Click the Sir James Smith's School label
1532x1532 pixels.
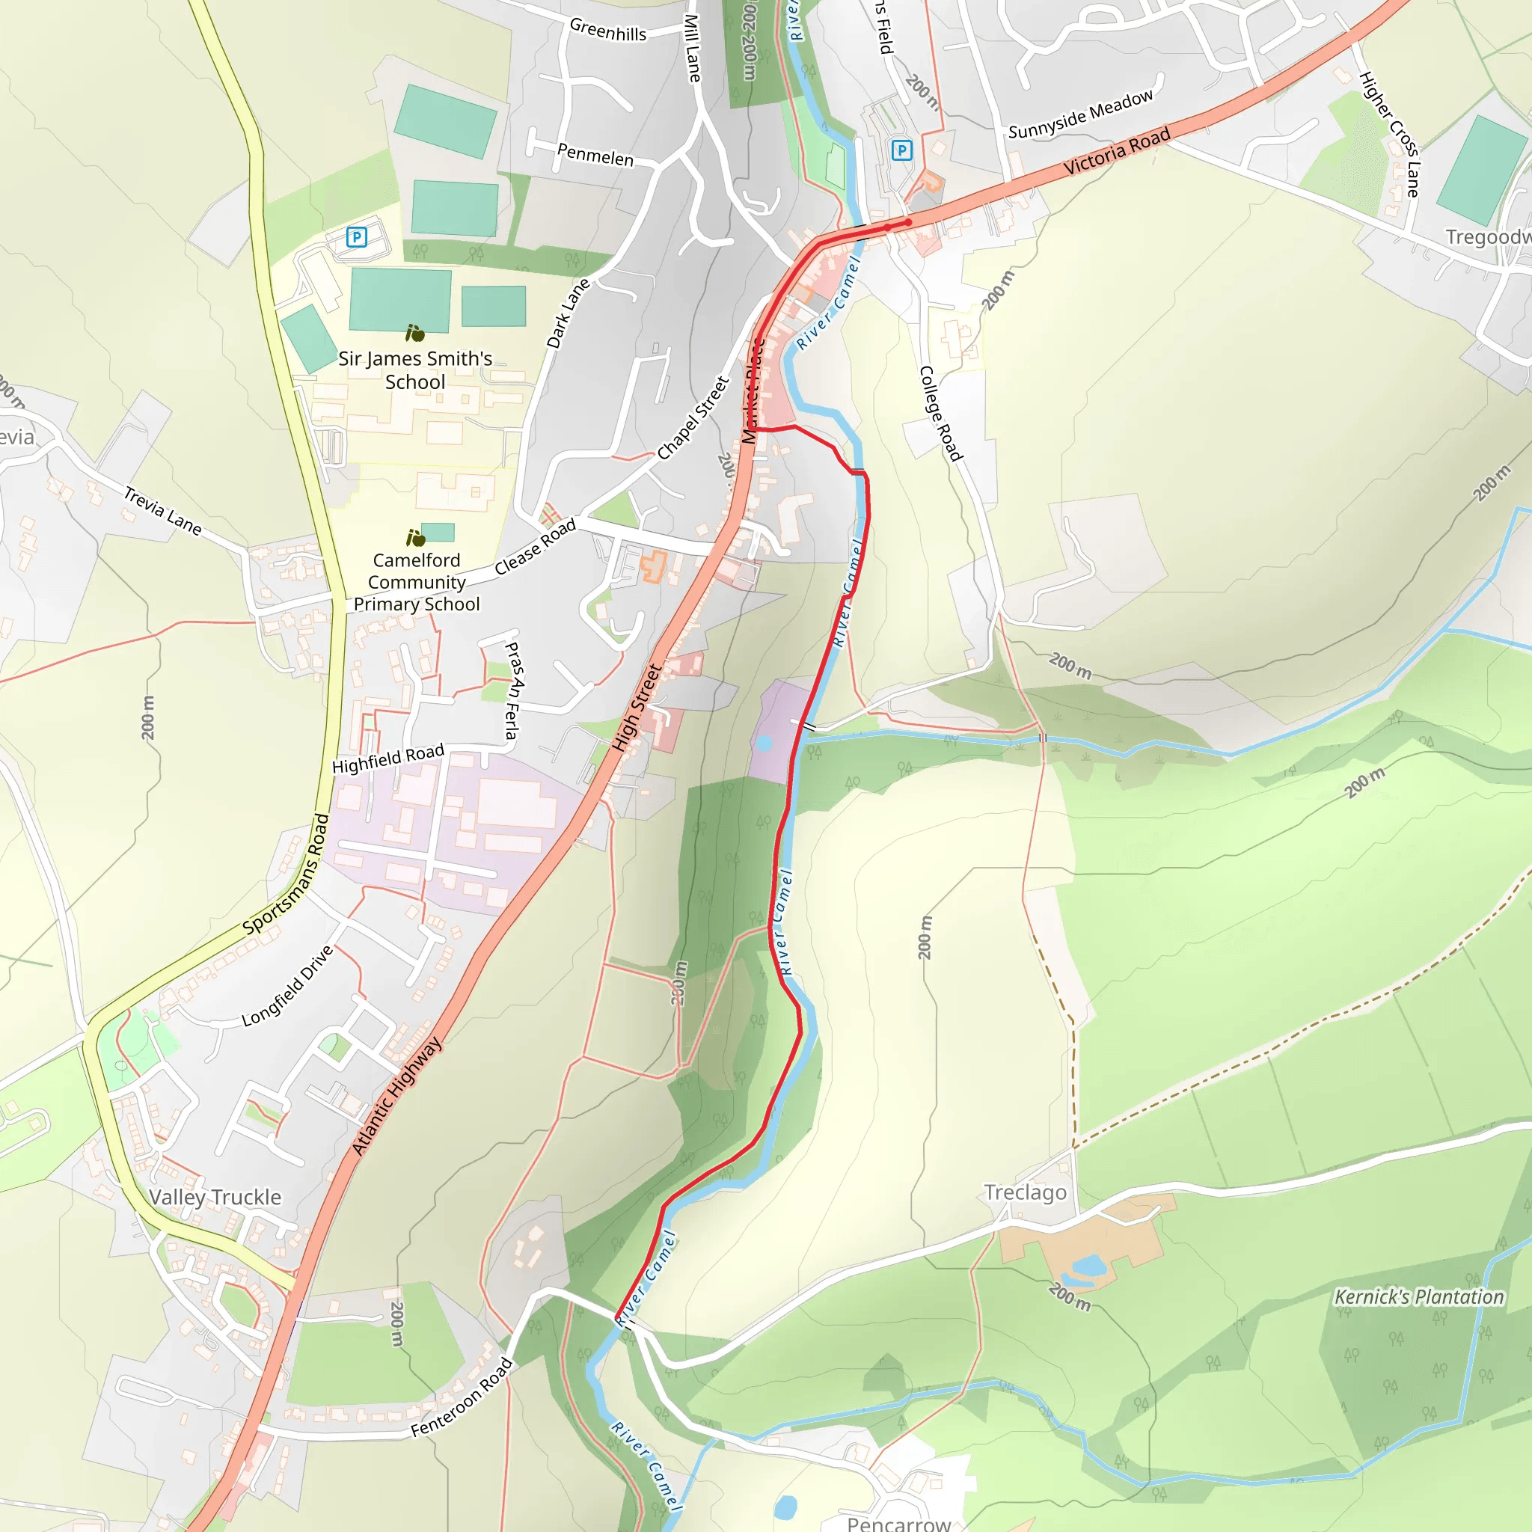coord(414,370)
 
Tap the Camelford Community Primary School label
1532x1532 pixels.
coord(417,582)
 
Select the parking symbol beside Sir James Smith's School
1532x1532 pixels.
coord(357,236)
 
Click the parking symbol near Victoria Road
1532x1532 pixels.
coord(901,150)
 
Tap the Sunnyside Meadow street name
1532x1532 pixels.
coord(1080,115)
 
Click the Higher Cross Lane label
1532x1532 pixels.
coord(1388,134)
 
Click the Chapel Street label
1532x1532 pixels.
coord(692,418)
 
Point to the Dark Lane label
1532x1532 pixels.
coord(568,313)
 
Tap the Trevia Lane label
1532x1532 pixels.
coord(162,511)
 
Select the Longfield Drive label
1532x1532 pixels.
coord(287,986)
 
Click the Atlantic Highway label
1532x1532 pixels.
coord(396,1096)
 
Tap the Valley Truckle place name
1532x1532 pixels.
coord(215,1198)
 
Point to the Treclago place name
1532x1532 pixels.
coord(1025,1192)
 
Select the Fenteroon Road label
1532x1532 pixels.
coord(462,1398)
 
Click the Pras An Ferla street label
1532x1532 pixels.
coord(514,690)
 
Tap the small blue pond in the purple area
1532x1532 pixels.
coord(764,743)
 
